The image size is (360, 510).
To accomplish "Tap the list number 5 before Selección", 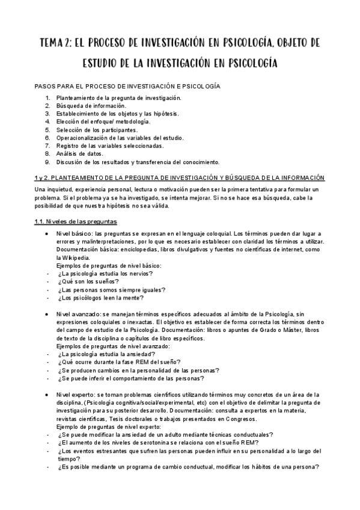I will pos(47,129).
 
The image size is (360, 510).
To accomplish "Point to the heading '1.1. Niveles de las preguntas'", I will pos(76,221).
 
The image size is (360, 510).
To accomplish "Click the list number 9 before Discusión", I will pos(47,162).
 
